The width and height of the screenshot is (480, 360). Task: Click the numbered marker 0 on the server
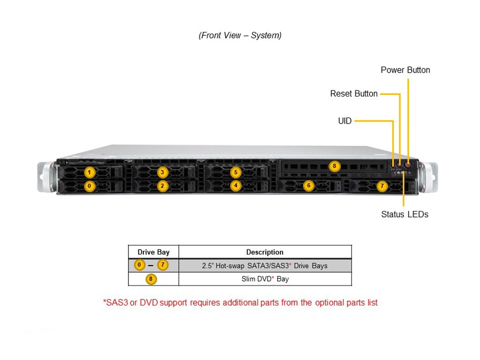(x=89, y=185)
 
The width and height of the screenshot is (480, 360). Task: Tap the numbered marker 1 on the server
(x=89, y=172)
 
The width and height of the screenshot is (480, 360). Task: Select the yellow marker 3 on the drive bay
(x=162, y=172)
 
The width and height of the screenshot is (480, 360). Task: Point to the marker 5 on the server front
(x=235, y=172)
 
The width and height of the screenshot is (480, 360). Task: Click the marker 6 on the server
(x=308, y=185)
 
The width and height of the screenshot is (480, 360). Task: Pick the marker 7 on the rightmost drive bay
(x=381, y=185)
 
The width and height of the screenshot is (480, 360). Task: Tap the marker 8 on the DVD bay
(x=334, y=166)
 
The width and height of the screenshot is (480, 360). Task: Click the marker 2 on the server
(x=162, y=185)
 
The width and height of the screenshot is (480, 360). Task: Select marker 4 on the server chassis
(x=235, y=185)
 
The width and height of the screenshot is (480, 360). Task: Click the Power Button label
(x=405, y=70)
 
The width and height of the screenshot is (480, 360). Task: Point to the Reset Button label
(x=353, y=93)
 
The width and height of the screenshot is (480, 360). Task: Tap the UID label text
(x=345, y=120)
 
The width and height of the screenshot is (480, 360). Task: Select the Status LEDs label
(x=404, y=214)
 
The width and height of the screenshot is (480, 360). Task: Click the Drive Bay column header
(x=153, y=252)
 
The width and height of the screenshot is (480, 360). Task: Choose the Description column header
(x=264, y=252)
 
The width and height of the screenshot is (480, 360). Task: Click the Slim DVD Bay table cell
(x=264, y=279)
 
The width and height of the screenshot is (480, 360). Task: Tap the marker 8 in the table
(x=151, y=279)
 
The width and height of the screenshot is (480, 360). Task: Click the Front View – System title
(x=240, y=35)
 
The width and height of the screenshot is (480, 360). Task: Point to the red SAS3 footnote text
(x=240, y=302)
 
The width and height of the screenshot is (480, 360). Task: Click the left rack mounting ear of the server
(x=45, y=176)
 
